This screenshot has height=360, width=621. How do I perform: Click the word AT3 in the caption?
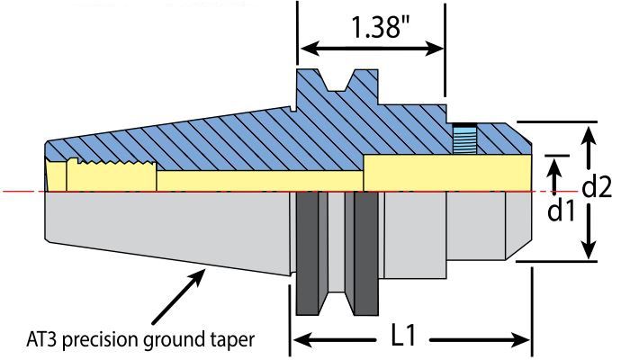[x=42, y=340]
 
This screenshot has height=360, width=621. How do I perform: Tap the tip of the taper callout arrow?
[x=204, y=269]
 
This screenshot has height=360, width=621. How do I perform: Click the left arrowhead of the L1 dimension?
[x=298, y=339]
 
